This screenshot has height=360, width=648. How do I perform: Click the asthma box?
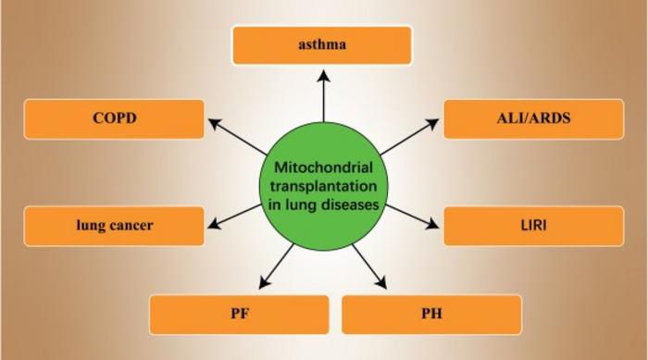pos(321,44)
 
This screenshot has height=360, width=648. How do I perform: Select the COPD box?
pos(114,118)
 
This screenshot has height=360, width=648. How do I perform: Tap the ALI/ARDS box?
pos(533,118)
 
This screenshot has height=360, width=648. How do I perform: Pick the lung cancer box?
pos(114,226)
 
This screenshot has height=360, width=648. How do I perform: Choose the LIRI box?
pos(533,226)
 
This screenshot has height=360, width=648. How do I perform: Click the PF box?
pos(239,314)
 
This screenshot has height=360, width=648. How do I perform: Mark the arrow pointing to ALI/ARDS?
pos(406,135)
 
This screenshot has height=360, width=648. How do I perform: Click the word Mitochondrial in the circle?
pos(323,168)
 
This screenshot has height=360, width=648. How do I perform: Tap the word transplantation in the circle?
pos(323,186)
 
